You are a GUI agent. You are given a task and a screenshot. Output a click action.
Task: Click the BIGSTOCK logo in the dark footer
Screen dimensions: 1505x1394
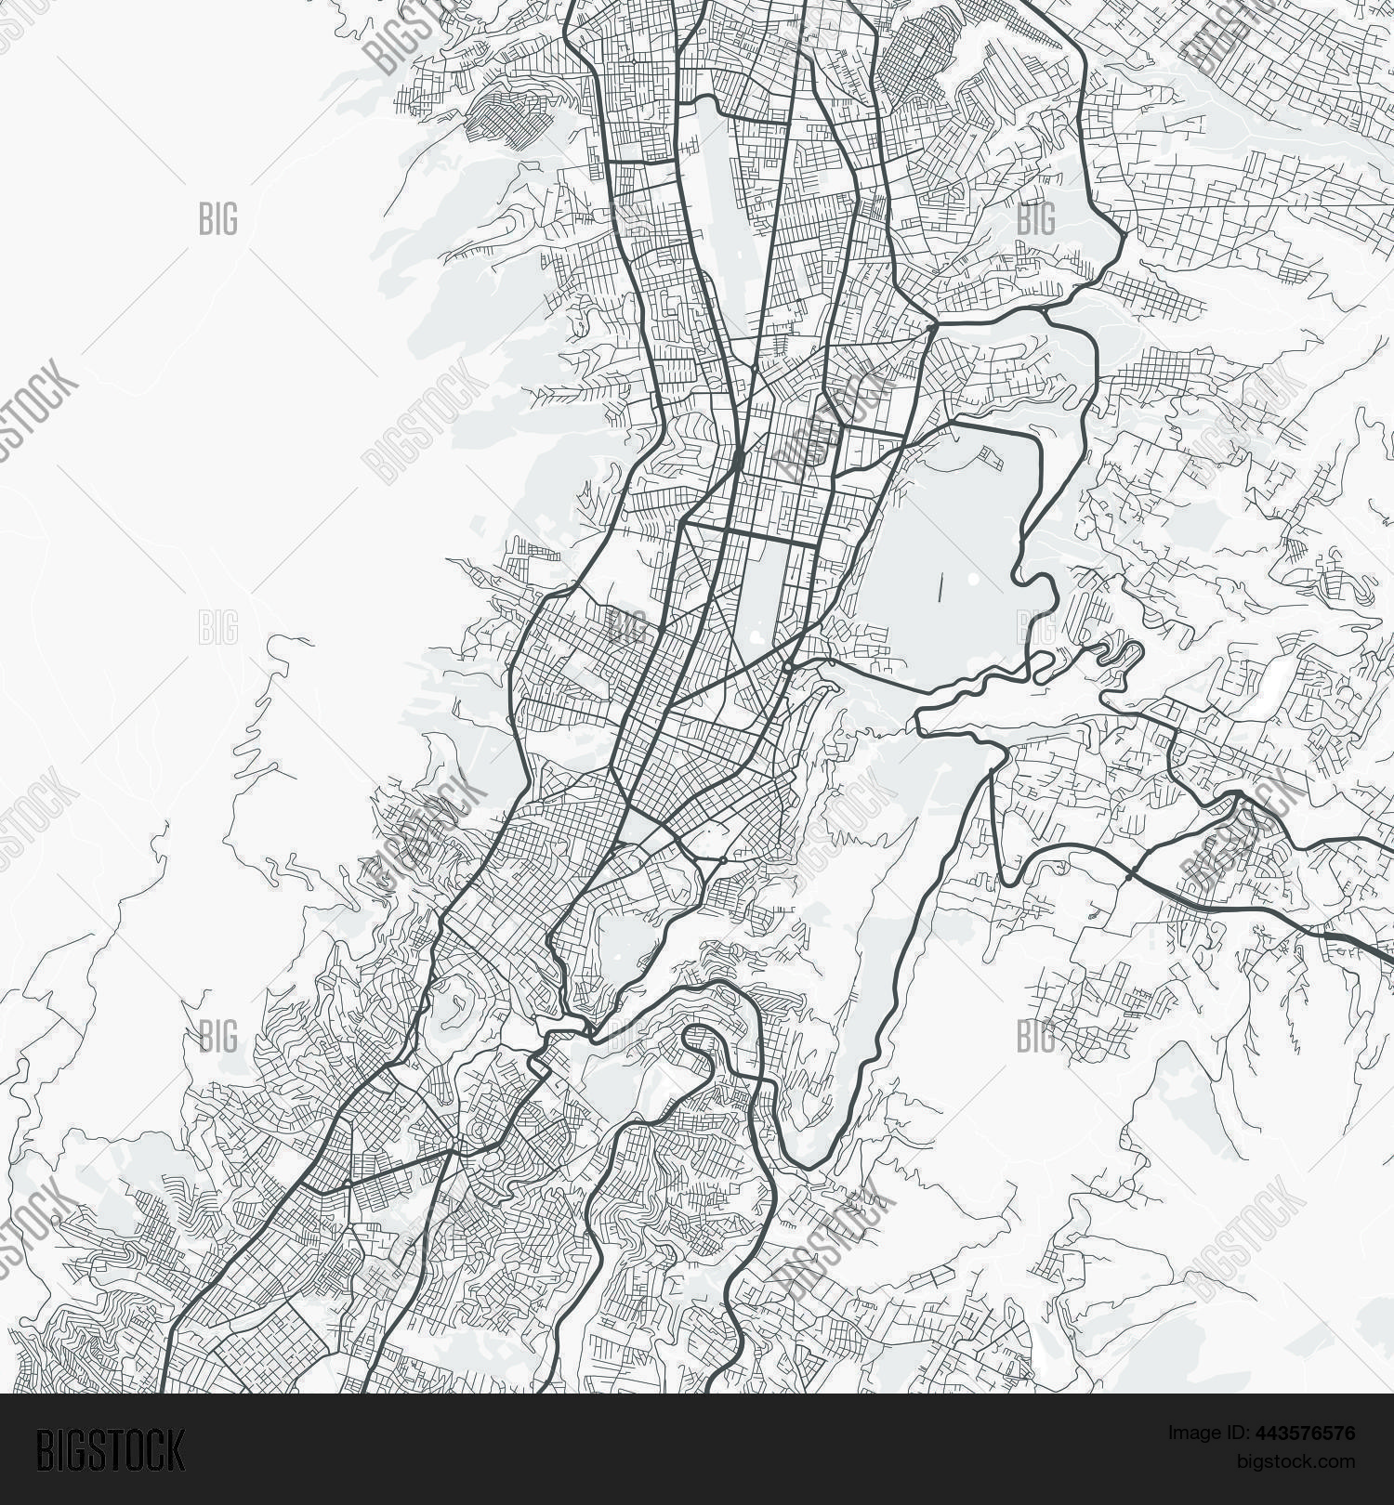tap(111, 1450)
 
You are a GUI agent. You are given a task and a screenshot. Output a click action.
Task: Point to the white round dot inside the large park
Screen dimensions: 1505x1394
tap(972, 578)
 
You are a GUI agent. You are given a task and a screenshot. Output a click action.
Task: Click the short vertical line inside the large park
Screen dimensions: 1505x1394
tap(940, 588)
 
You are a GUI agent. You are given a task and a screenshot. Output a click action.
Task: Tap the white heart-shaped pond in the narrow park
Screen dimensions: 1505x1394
tap(758, 637)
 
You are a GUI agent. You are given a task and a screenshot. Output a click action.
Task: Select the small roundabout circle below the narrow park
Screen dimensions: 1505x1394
tap(788, 666)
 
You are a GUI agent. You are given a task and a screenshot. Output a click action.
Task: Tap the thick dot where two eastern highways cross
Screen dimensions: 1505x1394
tap(1129, 875)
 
